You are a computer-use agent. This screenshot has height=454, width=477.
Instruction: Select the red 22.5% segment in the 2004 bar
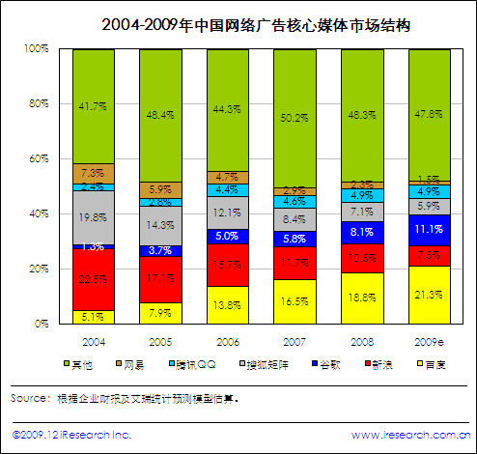point(94,280)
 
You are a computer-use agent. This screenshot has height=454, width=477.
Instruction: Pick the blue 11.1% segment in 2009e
point(429,230)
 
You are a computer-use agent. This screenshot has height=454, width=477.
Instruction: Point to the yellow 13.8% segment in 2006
point(227,305)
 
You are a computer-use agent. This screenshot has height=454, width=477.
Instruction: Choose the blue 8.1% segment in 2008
point(361,232)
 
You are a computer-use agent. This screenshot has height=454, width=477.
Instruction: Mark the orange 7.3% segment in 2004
point(94,173)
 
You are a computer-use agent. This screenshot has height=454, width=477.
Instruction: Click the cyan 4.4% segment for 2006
point(227,190)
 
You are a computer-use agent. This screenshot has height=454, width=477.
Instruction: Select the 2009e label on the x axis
point(429,341)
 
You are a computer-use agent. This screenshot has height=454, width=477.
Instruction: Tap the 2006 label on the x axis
point(227,341)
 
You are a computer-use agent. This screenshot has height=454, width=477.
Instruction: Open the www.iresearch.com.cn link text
point(410,436)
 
